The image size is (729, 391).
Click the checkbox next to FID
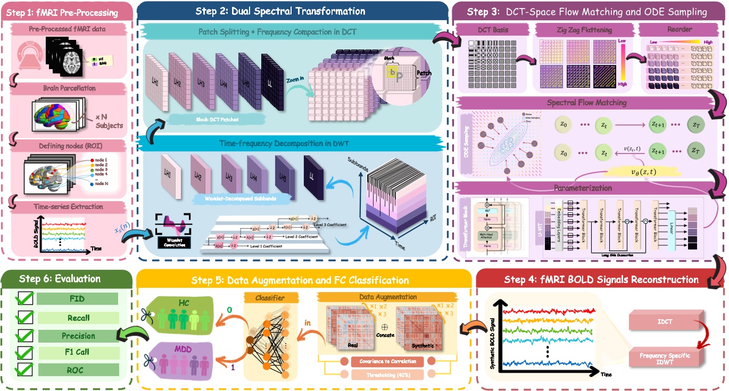(24, 299)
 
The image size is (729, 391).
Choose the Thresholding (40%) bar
(387, 375)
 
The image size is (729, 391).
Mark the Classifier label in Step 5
(270, 297)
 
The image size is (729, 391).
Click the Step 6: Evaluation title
(59, 278)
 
